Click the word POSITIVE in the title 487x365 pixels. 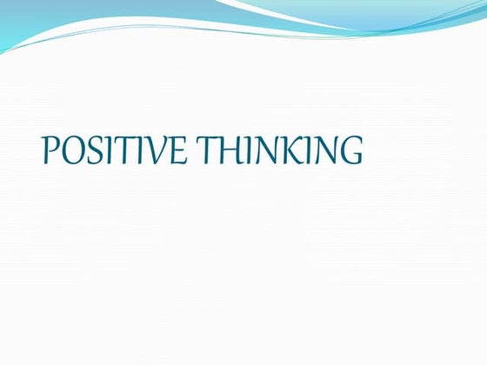point(113,151)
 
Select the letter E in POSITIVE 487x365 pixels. point(177,151)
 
